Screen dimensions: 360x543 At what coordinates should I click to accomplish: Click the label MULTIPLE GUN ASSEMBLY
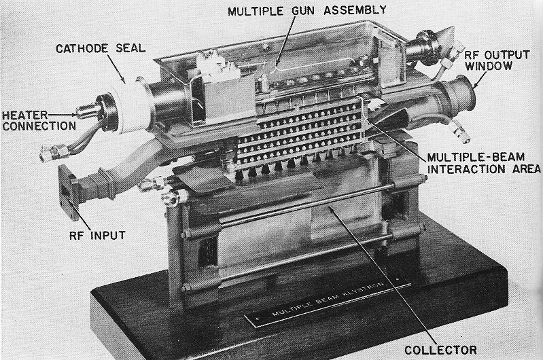point(306,11)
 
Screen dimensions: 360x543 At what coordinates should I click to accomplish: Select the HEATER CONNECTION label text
point(39,120)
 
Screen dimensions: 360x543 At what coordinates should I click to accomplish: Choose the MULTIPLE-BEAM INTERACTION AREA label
point(480,164)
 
